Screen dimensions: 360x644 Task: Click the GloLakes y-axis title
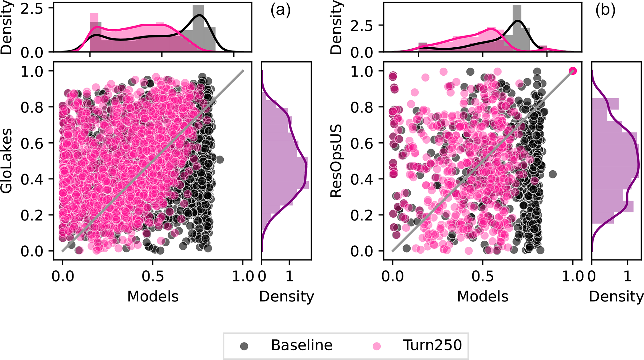[x=7, y=161]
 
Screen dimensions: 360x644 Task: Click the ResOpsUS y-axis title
[x=336, y=161]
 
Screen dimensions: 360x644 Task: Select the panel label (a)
[x=280, y=10]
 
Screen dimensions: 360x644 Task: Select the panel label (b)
[x=605, y=10]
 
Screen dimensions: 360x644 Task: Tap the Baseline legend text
[x=302, y=345]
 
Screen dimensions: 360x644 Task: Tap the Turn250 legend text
[x=432, y=345]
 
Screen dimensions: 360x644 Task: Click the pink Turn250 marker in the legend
[x=377, y=346]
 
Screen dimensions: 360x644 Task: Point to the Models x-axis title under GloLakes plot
[x=153, y=296]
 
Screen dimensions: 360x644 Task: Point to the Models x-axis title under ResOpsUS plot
[x=482, y=296]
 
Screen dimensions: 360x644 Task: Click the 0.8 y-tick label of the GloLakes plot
[x=32, y=107]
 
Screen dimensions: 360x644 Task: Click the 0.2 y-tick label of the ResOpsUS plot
[x=362, y=215]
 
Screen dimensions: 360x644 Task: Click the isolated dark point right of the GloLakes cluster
[x=220, y=160]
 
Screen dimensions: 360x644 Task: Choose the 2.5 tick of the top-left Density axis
[x=32, y=9]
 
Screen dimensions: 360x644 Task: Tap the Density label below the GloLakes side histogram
[x=286, y=296]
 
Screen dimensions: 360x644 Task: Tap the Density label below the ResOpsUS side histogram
[x=616, y=296]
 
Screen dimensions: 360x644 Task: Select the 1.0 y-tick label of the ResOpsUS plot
[x=362, y=72]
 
